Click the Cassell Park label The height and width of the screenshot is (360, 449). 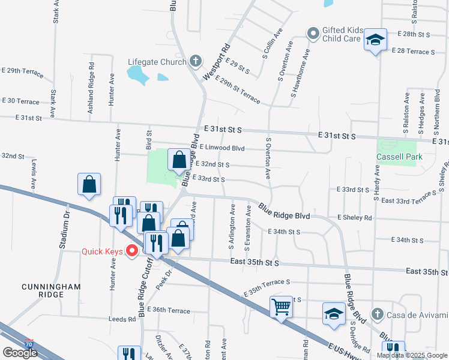399,157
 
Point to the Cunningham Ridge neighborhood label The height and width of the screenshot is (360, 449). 51,291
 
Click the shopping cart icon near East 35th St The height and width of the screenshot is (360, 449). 281,307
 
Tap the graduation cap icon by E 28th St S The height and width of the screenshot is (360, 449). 375,40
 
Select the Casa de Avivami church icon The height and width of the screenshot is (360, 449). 376,314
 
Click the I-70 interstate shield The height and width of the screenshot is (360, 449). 29,344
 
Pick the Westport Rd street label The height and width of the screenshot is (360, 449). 216,62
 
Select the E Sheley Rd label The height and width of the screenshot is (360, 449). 354,217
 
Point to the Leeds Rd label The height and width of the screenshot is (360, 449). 123,319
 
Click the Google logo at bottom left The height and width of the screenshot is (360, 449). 19,353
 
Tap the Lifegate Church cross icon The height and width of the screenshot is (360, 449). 195,61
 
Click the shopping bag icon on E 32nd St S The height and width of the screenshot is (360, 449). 179,160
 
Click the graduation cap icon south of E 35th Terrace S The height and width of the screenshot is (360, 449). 334,314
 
